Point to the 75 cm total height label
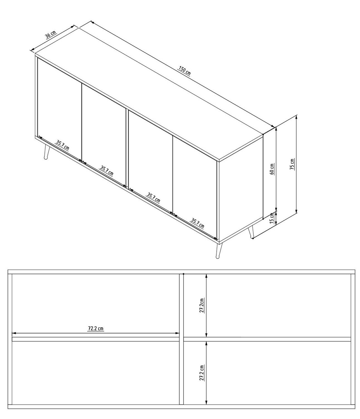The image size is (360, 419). (x=292, y=164)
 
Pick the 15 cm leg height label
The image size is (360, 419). (x=272, y=218)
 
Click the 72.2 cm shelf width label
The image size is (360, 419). (x=96, y=328)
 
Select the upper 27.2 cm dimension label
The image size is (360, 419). (x=202, y=305)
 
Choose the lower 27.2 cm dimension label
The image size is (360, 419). (x=202, y=373)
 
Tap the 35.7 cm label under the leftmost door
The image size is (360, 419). (x=62, y=145)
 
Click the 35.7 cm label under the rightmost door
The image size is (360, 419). (x=197, y=223)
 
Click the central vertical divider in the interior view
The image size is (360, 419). (x=182, y=339)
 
